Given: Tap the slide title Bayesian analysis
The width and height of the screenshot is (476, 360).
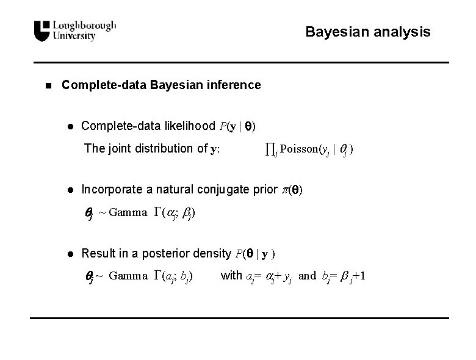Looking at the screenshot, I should [x=367, y=31].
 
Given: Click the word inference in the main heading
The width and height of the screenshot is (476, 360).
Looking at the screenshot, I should [x=235, y=85].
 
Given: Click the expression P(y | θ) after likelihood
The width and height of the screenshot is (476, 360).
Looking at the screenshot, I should [x=238, y=127].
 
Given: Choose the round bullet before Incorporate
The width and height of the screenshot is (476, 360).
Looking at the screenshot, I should [x=70, y=190].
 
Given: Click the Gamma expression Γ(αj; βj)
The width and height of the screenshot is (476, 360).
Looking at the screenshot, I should [x=174, y=212].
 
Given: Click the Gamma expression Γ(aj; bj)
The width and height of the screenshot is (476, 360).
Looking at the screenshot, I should [x=174, y=275].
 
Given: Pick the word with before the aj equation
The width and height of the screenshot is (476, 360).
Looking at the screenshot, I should [x=231, y=275].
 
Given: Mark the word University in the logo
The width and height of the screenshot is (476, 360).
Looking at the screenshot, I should [x=74, y=37].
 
